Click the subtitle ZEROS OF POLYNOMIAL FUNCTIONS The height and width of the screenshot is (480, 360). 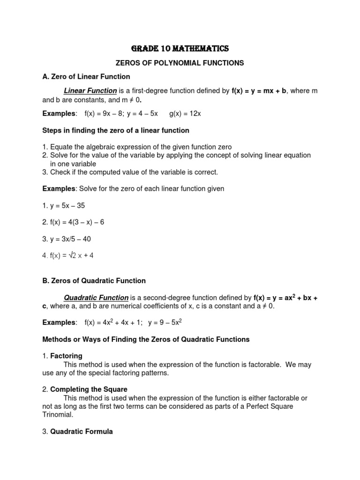point(180,62)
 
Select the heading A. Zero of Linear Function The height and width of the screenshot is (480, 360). point(86,76)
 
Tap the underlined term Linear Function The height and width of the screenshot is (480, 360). point(90,90)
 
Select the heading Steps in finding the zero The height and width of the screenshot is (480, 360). point(116,130)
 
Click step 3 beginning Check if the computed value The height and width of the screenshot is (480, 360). point(130,172)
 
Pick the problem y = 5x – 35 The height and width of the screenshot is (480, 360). point(64,205)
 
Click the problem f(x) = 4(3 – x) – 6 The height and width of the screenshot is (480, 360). point(73,222)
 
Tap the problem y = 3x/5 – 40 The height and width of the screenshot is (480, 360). point(67,239)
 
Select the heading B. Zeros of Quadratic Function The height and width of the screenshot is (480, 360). point(94,281)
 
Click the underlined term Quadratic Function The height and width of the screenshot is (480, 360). point(96,298)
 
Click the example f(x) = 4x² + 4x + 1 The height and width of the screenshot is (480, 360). point(112,322)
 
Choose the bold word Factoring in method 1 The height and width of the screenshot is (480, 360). point(66,356)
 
